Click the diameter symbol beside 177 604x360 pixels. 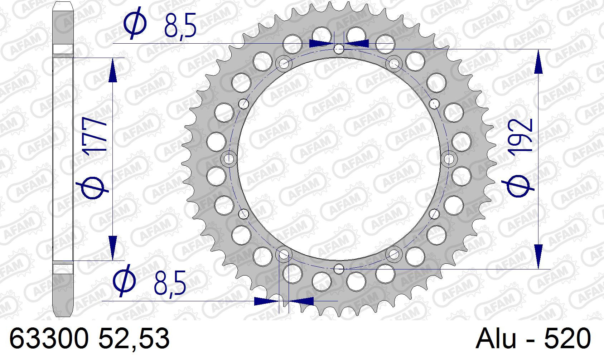pyautogui.click(x=92, y=188)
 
